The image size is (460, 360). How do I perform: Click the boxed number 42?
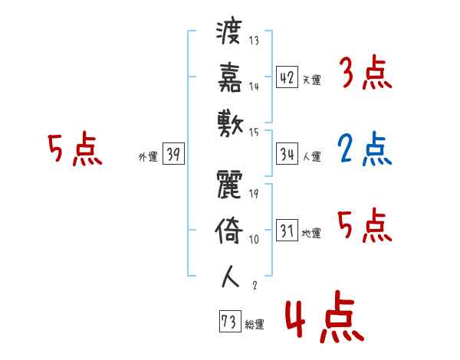(287, 77)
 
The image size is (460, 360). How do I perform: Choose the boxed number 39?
(173, 155)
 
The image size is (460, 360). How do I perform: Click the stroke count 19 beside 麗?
(254, 193)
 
